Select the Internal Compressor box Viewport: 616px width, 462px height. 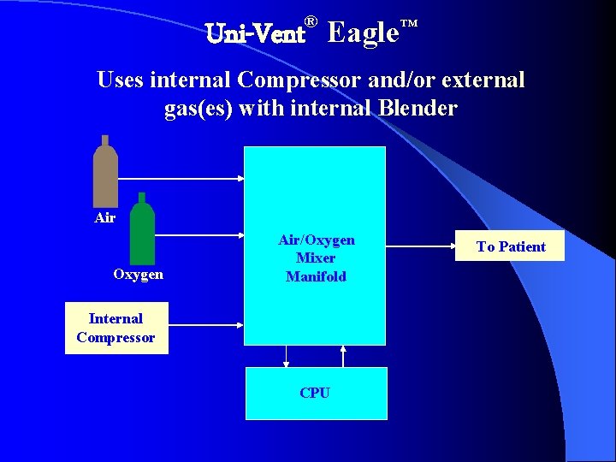click(x=115, y=328)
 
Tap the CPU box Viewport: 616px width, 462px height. click(x=316, y=394)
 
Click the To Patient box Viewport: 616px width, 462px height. click(x=511, y=246)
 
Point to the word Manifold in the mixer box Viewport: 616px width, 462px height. click(x=316, y=276)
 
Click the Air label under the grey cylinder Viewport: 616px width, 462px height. click(x=105, y=218)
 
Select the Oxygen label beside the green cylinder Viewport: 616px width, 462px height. click(x=138, y=275)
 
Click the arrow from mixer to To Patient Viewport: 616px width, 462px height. click(x=420, y=246)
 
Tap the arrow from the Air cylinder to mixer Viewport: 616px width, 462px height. click(x=181, y=179)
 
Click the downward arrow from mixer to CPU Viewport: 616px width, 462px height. click(x=287, y=356)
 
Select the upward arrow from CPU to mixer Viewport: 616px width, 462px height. click(x=344, y=356)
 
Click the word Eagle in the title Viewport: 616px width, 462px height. click(x=363, y=33)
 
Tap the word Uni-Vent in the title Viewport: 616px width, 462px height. click(x=256, y=35)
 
